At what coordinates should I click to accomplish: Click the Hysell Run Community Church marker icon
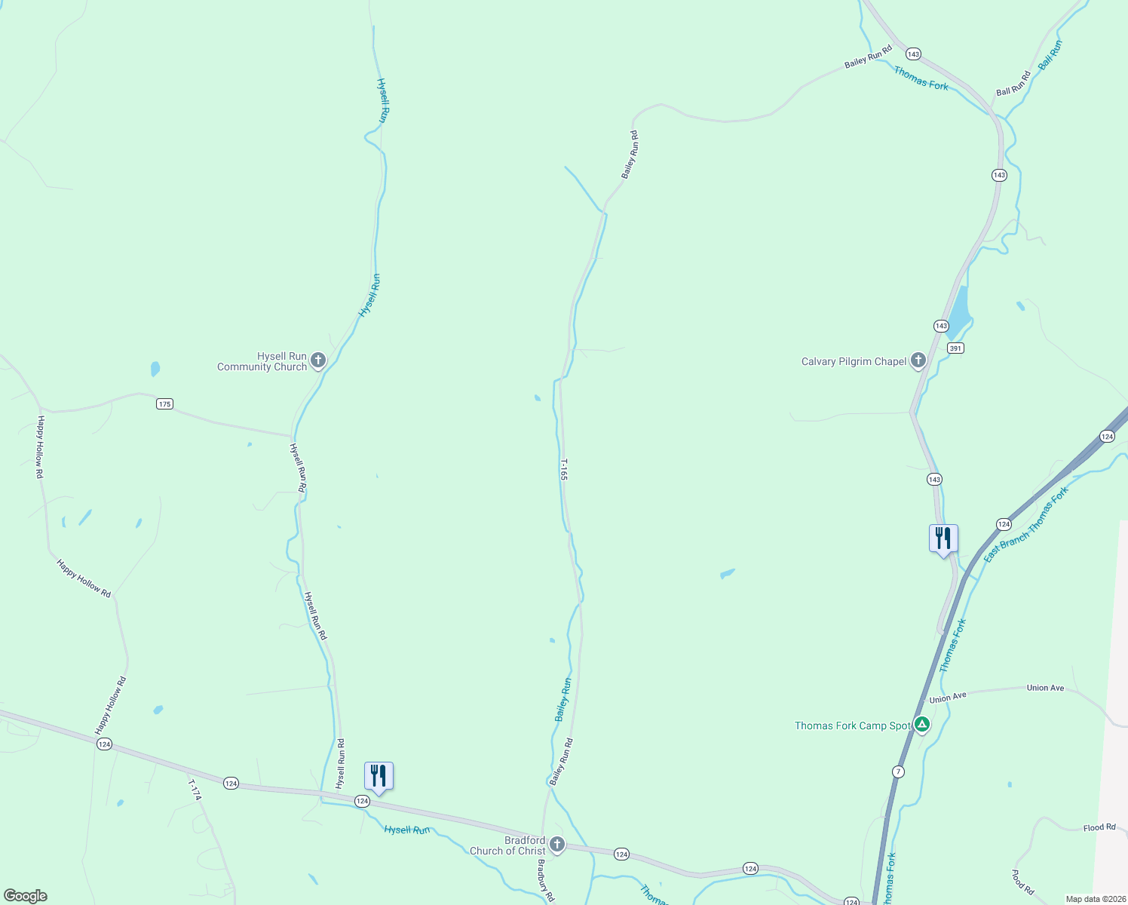click(x=318, y=360)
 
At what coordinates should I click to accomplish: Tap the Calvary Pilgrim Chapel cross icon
click(x=918, y=360)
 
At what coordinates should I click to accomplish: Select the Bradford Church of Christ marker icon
click(x=557, y=844)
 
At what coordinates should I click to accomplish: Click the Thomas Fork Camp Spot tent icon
click(x=921, y=725)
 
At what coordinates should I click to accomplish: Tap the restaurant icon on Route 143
click(x=943, y=538)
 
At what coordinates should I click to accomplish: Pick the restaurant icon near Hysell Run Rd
click(x=379, y=776)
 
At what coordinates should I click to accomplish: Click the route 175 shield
click(x=165, y=403)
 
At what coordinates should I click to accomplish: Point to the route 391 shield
click(x=955, y=348)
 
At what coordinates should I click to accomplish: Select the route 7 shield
click(x=897, y=772)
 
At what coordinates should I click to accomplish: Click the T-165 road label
click(x=563, y=469)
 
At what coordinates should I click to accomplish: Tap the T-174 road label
click(x=195, y=790)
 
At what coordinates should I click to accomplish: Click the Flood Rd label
click(x=1099, y=827)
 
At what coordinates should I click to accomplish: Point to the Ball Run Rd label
click(x=1013, y=84)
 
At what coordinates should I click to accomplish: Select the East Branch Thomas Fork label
click(x=1026, y=524)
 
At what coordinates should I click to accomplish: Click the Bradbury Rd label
click(x=545, y=880)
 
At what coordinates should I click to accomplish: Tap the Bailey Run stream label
click(x=563, y=700)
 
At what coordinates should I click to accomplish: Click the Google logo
click(x=25, y=896)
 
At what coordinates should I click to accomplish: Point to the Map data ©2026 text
click(x=1094, y=899)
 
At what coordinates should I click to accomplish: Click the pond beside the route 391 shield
click(x=958, y=313)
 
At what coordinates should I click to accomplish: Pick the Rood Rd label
click(x=1022, y=882)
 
